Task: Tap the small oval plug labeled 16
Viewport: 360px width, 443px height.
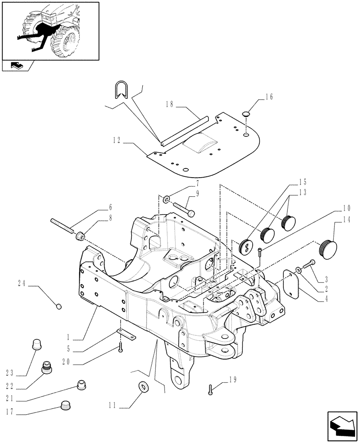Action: click(246, 115)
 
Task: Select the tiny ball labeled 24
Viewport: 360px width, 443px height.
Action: click(59, 306)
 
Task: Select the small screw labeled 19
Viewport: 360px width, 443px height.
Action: click(211, 389)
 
